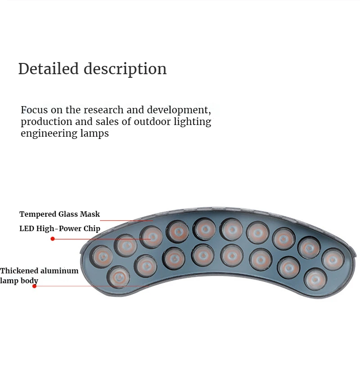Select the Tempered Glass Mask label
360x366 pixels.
click(x=59, y=214)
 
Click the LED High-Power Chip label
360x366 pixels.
click(x=59, y=228)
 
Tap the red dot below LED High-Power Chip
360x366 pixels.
click(x=53, y=239)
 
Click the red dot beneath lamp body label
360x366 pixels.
click(x=35, y=286)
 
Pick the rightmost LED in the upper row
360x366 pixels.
click(x=333, y=259)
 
